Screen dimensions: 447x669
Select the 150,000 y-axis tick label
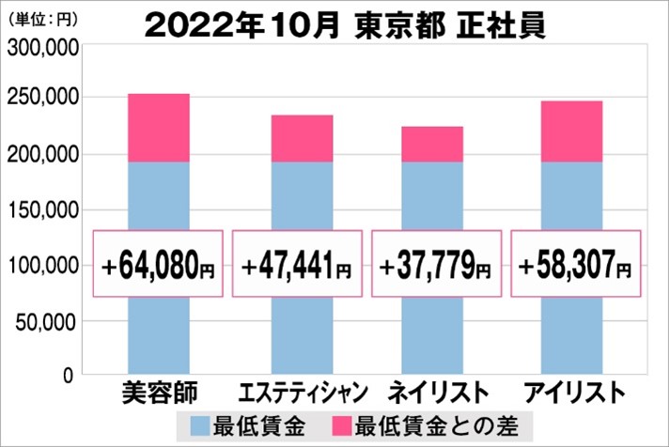pos(42,211)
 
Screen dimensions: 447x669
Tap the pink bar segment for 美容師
pos(158,128)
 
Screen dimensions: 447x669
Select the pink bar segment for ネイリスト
pos(433,144)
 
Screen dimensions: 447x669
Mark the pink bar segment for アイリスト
pos(571,131)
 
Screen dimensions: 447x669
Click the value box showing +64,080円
pos(158,265)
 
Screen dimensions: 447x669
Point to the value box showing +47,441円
pos(296,265)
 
